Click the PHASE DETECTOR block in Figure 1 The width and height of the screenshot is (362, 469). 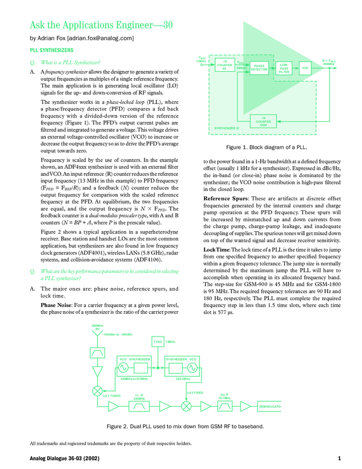click(260, 68)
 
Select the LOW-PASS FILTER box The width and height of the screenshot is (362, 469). click(284, 68)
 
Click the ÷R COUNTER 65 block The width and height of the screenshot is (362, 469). click(224, 66)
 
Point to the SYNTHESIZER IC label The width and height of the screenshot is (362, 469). click(226, 128)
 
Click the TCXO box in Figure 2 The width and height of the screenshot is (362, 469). click(158, 343)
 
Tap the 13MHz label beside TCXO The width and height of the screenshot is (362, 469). click(170, 343)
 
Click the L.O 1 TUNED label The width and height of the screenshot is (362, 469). click(112, 396)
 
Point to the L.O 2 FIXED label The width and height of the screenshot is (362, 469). click(195, 392)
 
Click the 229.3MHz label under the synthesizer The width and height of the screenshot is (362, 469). click(183, 379)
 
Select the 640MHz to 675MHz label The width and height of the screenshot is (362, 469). click(134, 379)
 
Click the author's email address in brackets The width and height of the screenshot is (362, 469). click(100, 38)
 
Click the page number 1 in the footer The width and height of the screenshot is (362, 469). click(340, 459)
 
